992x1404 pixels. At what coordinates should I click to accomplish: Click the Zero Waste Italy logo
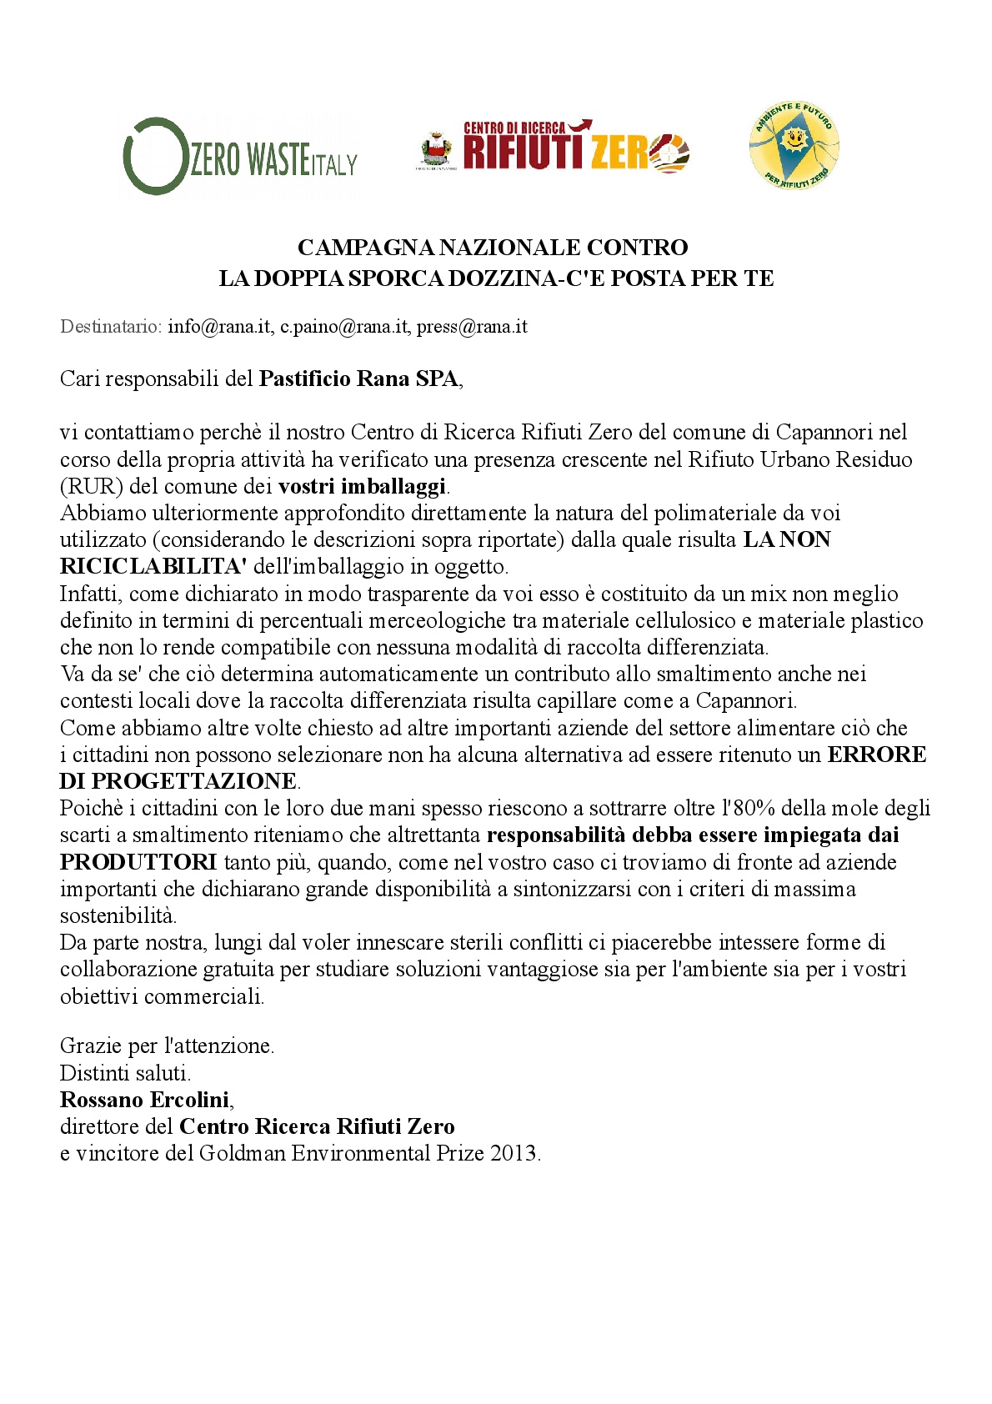coord(240,157)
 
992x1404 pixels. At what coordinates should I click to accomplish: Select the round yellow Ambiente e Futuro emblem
coord(794,146)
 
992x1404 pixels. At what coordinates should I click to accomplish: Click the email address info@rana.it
coord(219,327)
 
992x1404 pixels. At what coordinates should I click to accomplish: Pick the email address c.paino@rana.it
coord(344,327)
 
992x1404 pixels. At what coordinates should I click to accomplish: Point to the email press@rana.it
coord(472,327)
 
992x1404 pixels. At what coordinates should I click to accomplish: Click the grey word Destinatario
coord(110,327)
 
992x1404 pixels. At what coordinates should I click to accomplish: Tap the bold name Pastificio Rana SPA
coord(358,379)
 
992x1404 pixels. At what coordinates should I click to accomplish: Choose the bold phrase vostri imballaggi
coord(363,486)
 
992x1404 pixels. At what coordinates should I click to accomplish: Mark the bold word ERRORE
coord(876,755)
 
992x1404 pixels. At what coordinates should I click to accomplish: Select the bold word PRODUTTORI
coord(138,862)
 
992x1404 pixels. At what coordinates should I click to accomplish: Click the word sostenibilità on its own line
coord(118,915)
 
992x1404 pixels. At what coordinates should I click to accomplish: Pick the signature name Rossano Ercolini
coord(145,1101)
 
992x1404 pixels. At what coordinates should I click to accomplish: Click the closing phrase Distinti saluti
coord(125,1073)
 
